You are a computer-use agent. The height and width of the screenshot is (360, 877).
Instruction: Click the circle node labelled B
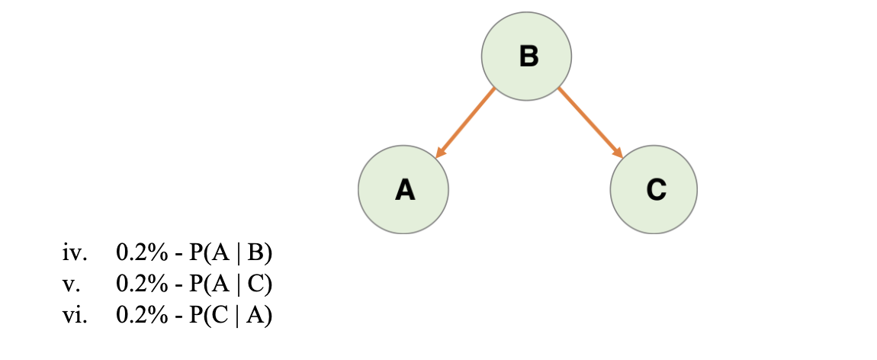(x=526, y=56)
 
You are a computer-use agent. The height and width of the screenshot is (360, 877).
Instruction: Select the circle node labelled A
(x=403, y=189)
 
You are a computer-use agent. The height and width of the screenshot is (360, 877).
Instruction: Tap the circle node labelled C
(x=654, y=189)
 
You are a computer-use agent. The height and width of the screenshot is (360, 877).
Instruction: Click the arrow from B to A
(x=465, y=123)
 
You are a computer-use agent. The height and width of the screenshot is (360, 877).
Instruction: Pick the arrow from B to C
(x=590, y=123)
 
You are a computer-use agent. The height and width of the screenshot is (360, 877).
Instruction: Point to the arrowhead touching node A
(x=439, y=153)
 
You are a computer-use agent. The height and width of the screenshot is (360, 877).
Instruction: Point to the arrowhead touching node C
(x=618, y=153)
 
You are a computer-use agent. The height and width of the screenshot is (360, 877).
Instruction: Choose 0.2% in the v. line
(x=142, y=284)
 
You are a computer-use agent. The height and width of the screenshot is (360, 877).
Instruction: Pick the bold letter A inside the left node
(x=405, y=189)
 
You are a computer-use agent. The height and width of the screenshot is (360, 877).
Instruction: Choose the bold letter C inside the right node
(x=656, y=189)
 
